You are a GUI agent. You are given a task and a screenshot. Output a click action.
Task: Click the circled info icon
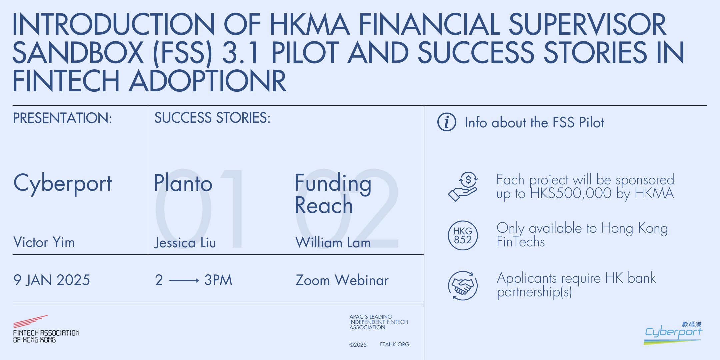(447, 122)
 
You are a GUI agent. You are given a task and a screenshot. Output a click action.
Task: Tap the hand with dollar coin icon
(463, 187)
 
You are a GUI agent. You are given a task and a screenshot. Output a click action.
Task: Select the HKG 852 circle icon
(463, 235)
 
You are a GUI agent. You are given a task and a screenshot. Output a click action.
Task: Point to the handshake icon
(463, 286)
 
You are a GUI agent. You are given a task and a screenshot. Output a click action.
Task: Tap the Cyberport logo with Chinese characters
(673, 333)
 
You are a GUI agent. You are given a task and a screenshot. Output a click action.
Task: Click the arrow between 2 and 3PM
(184, 281)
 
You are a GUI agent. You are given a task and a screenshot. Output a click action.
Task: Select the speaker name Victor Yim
(44, 242)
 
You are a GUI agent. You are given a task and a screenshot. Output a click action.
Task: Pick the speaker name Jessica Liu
(185, 243)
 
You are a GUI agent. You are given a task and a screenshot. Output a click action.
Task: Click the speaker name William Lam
(333, 243)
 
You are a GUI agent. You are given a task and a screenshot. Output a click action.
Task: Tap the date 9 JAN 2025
(52, 280)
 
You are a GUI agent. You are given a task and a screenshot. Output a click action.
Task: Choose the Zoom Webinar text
(342, 280)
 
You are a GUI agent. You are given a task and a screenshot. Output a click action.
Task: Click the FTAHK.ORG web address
(394, 344)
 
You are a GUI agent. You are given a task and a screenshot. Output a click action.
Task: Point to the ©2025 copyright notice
(358, 345)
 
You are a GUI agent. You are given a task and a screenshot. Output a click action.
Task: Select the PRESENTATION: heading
(62, 118)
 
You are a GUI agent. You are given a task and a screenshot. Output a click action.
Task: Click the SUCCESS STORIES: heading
(212, 118)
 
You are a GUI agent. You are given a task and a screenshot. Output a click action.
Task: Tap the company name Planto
(183, 183)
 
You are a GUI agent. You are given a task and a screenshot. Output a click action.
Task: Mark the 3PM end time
(218, 280)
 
